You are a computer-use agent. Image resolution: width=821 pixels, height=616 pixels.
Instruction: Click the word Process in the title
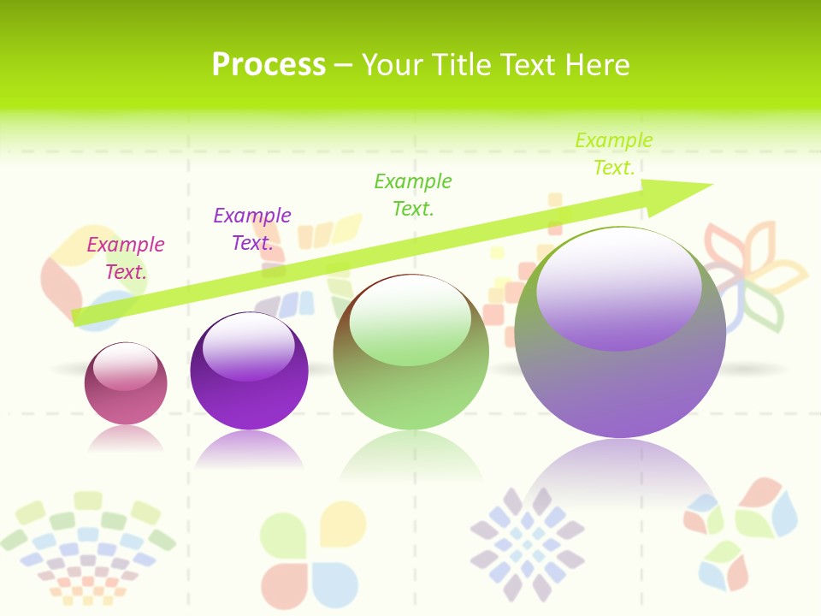(x=269, y=65)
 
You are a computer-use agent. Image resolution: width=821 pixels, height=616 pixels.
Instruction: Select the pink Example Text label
(x=126, y=258)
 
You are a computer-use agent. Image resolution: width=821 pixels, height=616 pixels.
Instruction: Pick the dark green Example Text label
(x=413, y=194)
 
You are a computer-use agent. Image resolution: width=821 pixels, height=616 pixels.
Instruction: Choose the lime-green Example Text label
(x=614, y=154)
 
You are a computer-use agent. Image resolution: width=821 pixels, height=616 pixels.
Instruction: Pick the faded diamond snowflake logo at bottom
(x=528, y=544)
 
